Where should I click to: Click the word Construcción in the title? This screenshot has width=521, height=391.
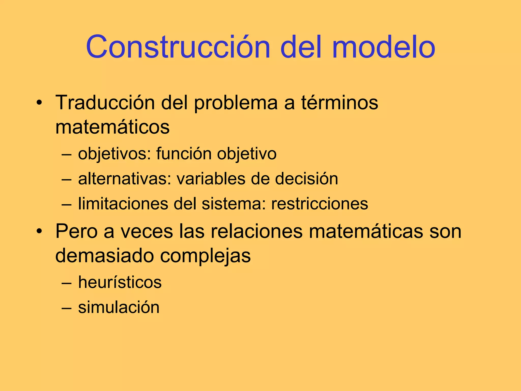point(178,47)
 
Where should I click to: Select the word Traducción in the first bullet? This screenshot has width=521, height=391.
point(105,103)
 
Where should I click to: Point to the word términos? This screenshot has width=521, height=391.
point(340,103)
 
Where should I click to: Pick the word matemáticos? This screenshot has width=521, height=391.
point(112,127)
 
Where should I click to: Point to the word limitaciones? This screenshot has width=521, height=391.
point(123,204)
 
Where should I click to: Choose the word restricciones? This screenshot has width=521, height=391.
point(320,204)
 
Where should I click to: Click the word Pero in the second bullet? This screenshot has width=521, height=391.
point(77,231)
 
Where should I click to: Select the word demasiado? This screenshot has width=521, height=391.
point(105,256)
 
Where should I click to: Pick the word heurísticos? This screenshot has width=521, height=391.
point(120,282)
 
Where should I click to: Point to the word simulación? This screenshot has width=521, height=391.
point(119,307)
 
